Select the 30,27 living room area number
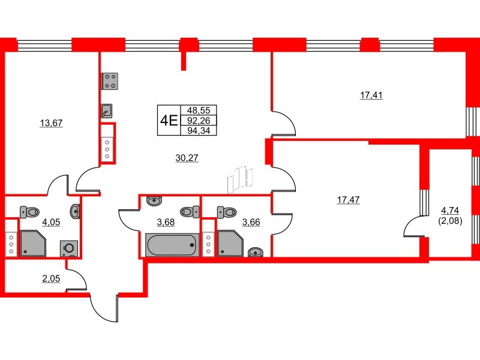click(187, 158)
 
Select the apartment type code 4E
click(167, 120)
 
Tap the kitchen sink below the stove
click(107, 110)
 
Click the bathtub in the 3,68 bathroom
click(172, 245)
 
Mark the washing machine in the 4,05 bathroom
click(68, 248)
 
